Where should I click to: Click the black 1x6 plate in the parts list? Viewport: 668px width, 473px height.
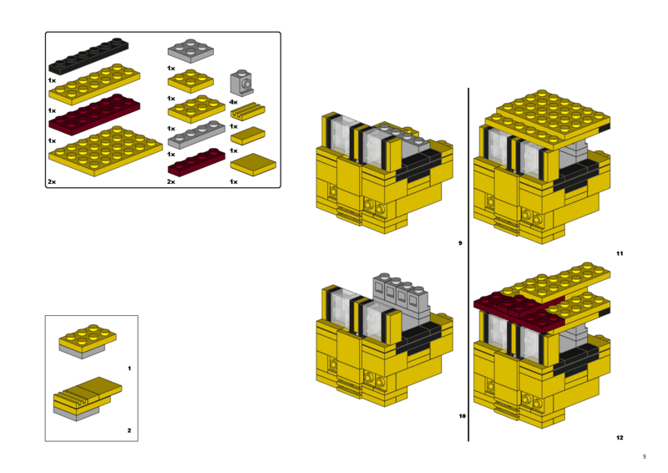pyautogui.click(x=89, y=55)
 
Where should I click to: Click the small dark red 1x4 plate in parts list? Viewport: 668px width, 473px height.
pyautogui.click(x=196, y=161)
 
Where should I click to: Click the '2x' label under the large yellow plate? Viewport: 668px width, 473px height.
pyautogui.click(x=52, y=181)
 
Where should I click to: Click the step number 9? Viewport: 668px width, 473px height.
pyautogui.click(x=459, y=243)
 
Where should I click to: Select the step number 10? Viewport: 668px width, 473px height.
pyautogui.click(x=461, y=415)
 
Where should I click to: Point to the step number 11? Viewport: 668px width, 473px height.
pyautogui.click(x=619, y=253)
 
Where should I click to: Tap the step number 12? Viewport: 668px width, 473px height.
pyautogui.click(x=619, y=438)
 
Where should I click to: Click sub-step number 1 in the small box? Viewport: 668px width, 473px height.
pyautogui.click(x=129, y=368)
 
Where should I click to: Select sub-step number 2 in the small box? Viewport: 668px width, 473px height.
pyautogui.click(x=129, y=431)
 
